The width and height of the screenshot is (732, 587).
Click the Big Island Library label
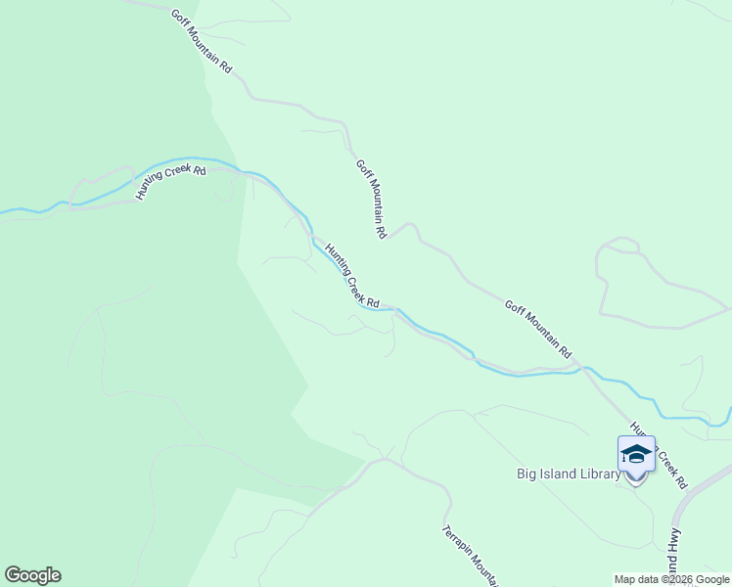click(569, 474)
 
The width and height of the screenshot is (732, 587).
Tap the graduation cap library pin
click(636, 456)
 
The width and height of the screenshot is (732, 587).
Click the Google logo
click(32, 575)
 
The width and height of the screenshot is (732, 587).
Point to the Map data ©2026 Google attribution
click(672, 579)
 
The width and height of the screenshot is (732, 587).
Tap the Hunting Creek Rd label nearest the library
click(660, 456)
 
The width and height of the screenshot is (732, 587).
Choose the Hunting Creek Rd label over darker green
click(171, 183)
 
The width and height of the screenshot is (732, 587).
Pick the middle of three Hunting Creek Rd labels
click(351, 277)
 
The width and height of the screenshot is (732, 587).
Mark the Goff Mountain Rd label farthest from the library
click(202, 42)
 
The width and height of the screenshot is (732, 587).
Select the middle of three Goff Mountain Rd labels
click(372, 200)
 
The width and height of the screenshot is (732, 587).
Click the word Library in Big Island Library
click(597, 474)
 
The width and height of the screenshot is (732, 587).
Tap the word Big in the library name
click(526, 474)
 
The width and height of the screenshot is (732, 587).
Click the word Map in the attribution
click(625, 579)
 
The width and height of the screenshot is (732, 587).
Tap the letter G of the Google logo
click(13, 575)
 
